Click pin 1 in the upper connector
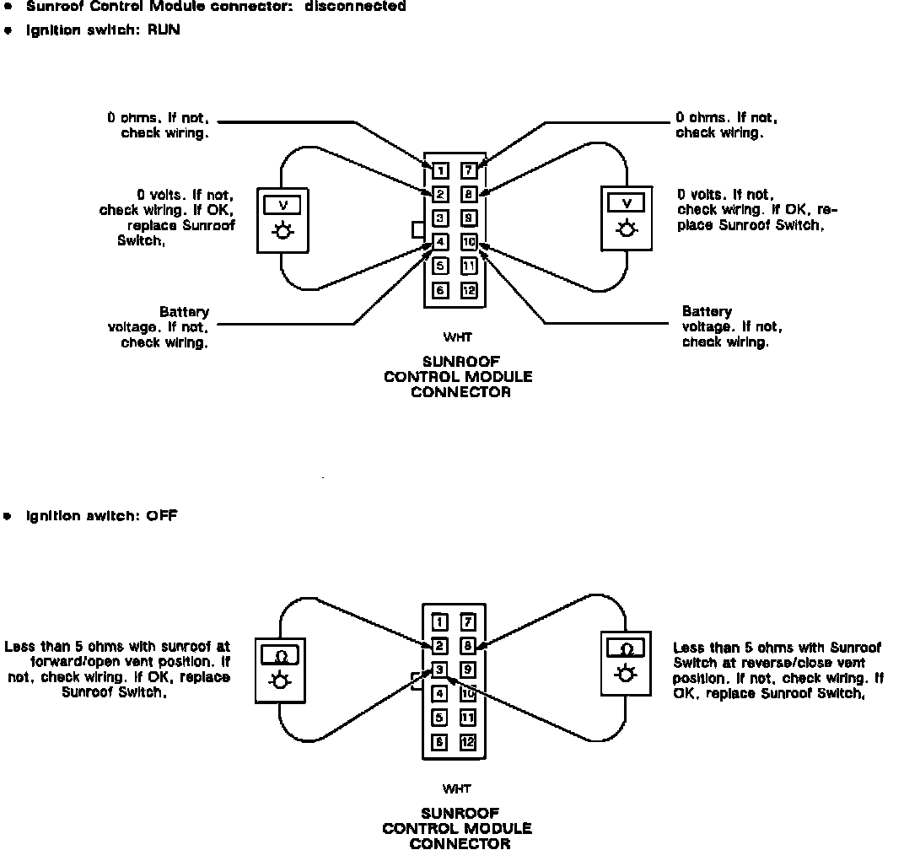pyautogui.click(x=440, y=171)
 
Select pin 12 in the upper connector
pyautogui.click(x=470, y=291)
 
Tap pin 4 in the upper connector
pyautogui.click(x=440, y=243)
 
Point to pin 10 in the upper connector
pyautogui.click(x=470, y=243)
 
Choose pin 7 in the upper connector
pyautogui.click(x=470, y=171)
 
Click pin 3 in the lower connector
pyautogui.click(x=439, y=670)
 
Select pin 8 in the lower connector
pyautogui.click(x=469, y=647)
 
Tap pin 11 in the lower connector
pyautogui.click(x=469, y=718)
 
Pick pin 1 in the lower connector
pyautogui.click(x=439, y=622)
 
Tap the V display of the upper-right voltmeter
pyautogui.click(x=626, y=203)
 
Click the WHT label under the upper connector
pyautogui.click(x=457, y=338)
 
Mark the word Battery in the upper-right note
pyautogui.click(x=707, y=312)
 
